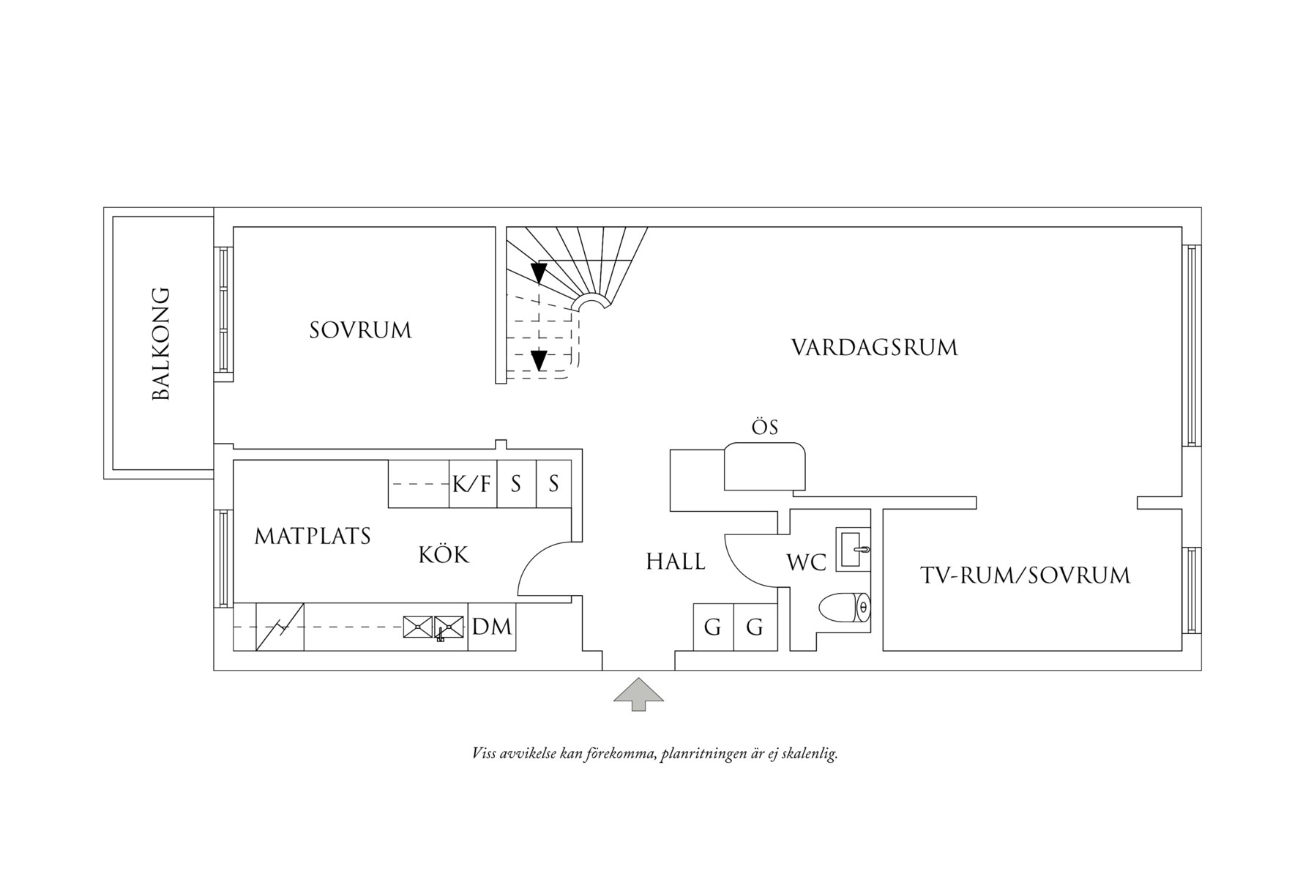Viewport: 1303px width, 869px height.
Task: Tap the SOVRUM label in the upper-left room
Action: [x=360, y=330]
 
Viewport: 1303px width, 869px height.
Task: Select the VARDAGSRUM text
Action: [x=874, y=347]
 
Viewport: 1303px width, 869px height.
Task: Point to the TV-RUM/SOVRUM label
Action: [x=1025, y=575]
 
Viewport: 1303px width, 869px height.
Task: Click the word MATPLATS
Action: [x=313, y=537]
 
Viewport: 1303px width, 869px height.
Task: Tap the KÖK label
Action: [x=444, y=555]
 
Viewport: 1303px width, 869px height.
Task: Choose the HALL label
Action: [x=675, y=562]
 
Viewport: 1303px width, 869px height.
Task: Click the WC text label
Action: [x=806, y=563]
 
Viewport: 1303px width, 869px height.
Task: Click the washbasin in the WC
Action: [x=853, y=550]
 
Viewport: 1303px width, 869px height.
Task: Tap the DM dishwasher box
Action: [x=492, y=627]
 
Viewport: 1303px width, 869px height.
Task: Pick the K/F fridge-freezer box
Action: [x=472, y=484]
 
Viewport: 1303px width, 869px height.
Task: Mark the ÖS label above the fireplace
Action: [x=765, y=428]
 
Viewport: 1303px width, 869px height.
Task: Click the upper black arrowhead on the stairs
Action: [x=539, y=273]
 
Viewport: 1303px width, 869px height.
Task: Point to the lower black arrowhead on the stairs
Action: [x=539, y=360]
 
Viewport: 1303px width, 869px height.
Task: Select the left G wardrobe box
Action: [x=713, y=627]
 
